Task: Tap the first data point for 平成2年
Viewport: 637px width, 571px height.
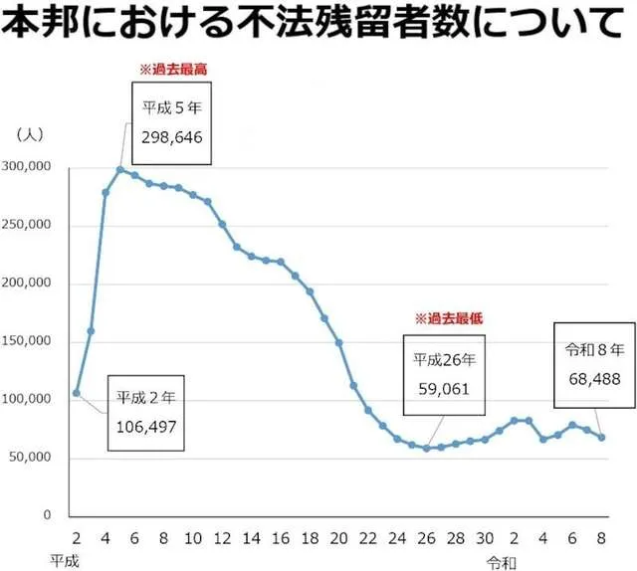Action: [x=76, y=393]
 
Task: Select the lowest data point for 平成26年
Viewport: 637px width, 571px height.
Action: [x=426, y=449]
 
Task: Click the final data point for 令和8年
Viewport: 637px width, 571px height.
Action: [x=601, y=437]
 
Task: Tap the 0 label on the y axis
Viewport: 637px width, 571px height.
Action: [x=47, y=516]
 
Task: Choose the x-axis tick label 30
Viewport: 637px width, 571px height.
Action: [x=485, y=538]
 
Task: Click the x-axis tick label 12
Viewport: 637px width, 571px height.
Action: [x=222, y=538]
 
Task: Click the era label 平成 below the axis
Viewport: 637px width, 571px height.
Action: [x=65, y=560]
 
